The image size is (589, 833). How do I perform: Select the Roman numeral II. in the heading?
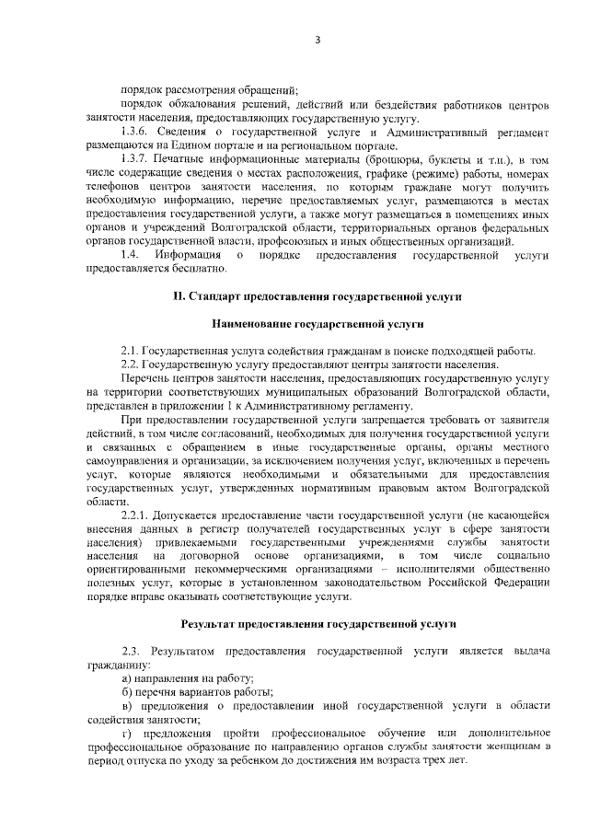coord(179,296)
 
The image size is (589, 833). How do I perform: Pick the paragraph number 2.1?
coord(129,353)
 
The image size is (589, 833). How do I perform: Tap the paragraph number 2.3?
coord(131,651)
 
